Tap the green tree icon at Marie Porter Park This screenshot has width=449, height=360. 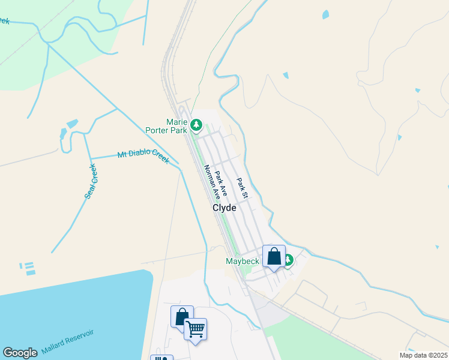tap(196, 125)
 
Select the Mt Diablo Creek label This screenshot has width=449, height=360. tap(143, 157)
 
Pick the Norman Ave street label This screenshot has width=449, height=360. tap(212, 182)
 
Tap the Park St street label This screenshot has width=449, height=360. tap(242, 188)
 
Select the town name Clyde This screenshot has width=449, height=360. tap(224, 208)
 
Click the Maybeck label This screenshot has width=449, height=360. tap(242, 261)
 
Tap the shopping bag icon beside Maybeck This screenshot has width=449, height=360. tap(274, 256)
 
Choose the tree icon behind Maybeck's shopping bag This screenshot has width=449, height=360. tap(288, 260)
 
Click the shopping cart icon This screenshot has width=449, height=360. tap(196, 328)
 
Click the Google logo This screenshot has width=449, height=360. tap(20, 353)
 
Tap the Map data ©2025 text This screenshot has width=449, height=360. tap(423, 355)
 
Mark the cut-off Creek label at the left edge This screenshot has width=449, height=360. tap(4, 21)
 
